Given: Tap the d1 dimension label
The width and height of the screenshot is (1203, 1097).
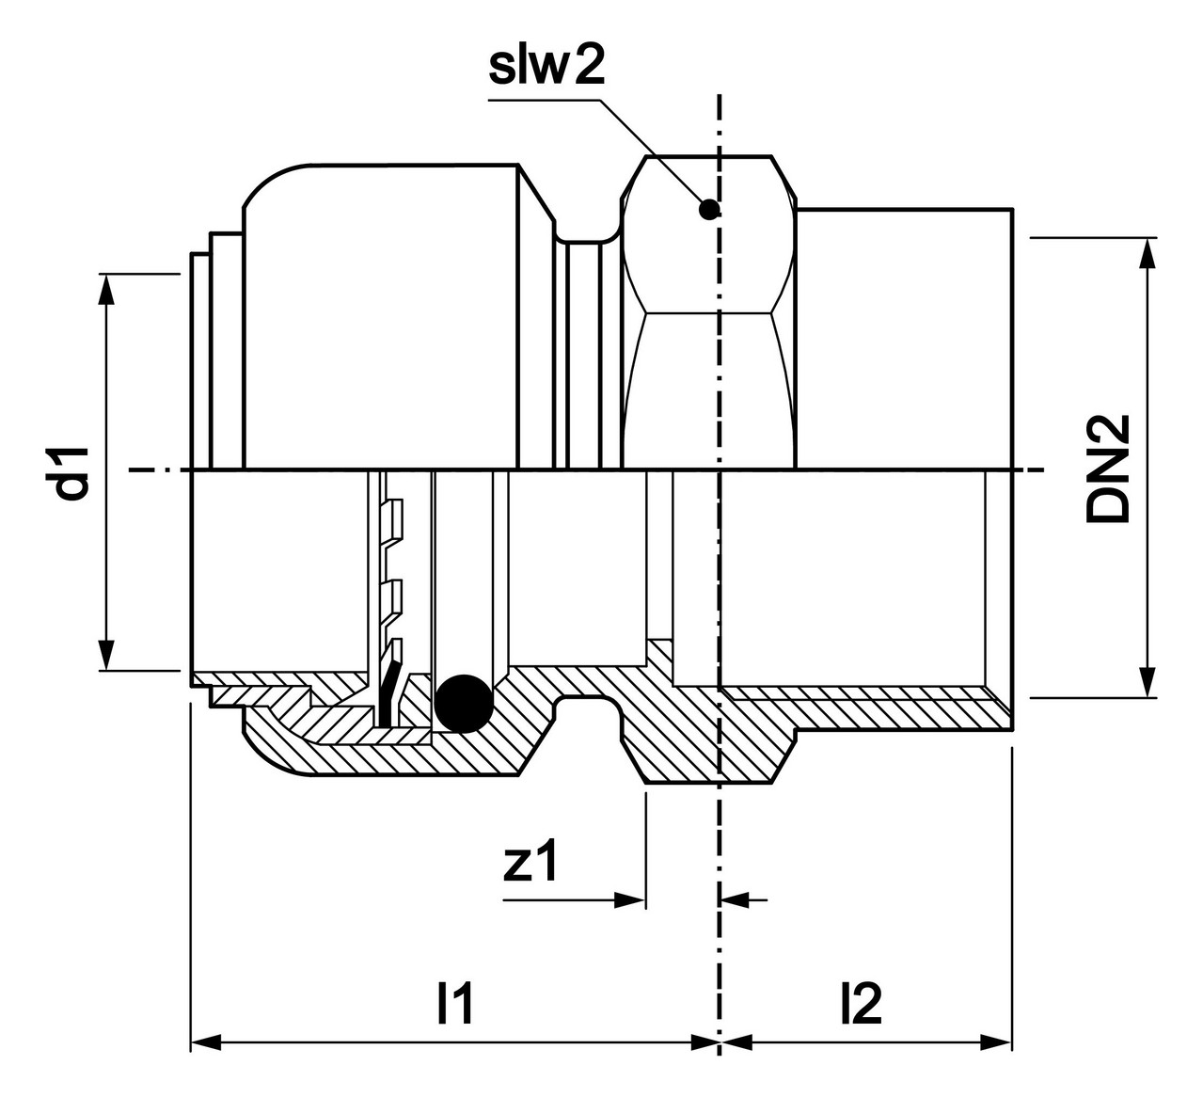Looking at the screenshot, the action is (x=72, y=473).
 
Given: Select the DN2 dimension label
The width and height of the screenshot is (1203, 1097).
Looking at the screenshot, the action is (x=1108, y=469).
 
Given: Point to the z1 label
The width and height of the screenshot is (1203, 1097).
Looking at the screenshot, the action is (x=530, y=863).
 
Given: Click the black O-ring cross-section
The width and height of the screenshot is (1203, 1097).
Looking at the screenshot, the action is (x=463, y=704).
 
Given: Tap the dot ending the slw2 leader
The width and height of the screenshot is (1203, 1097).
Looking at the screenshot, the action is (x=709, y=210).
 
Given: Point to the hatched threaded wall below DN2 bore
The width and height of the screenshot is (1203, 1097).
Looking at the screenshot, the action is (x=863, y=708).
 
